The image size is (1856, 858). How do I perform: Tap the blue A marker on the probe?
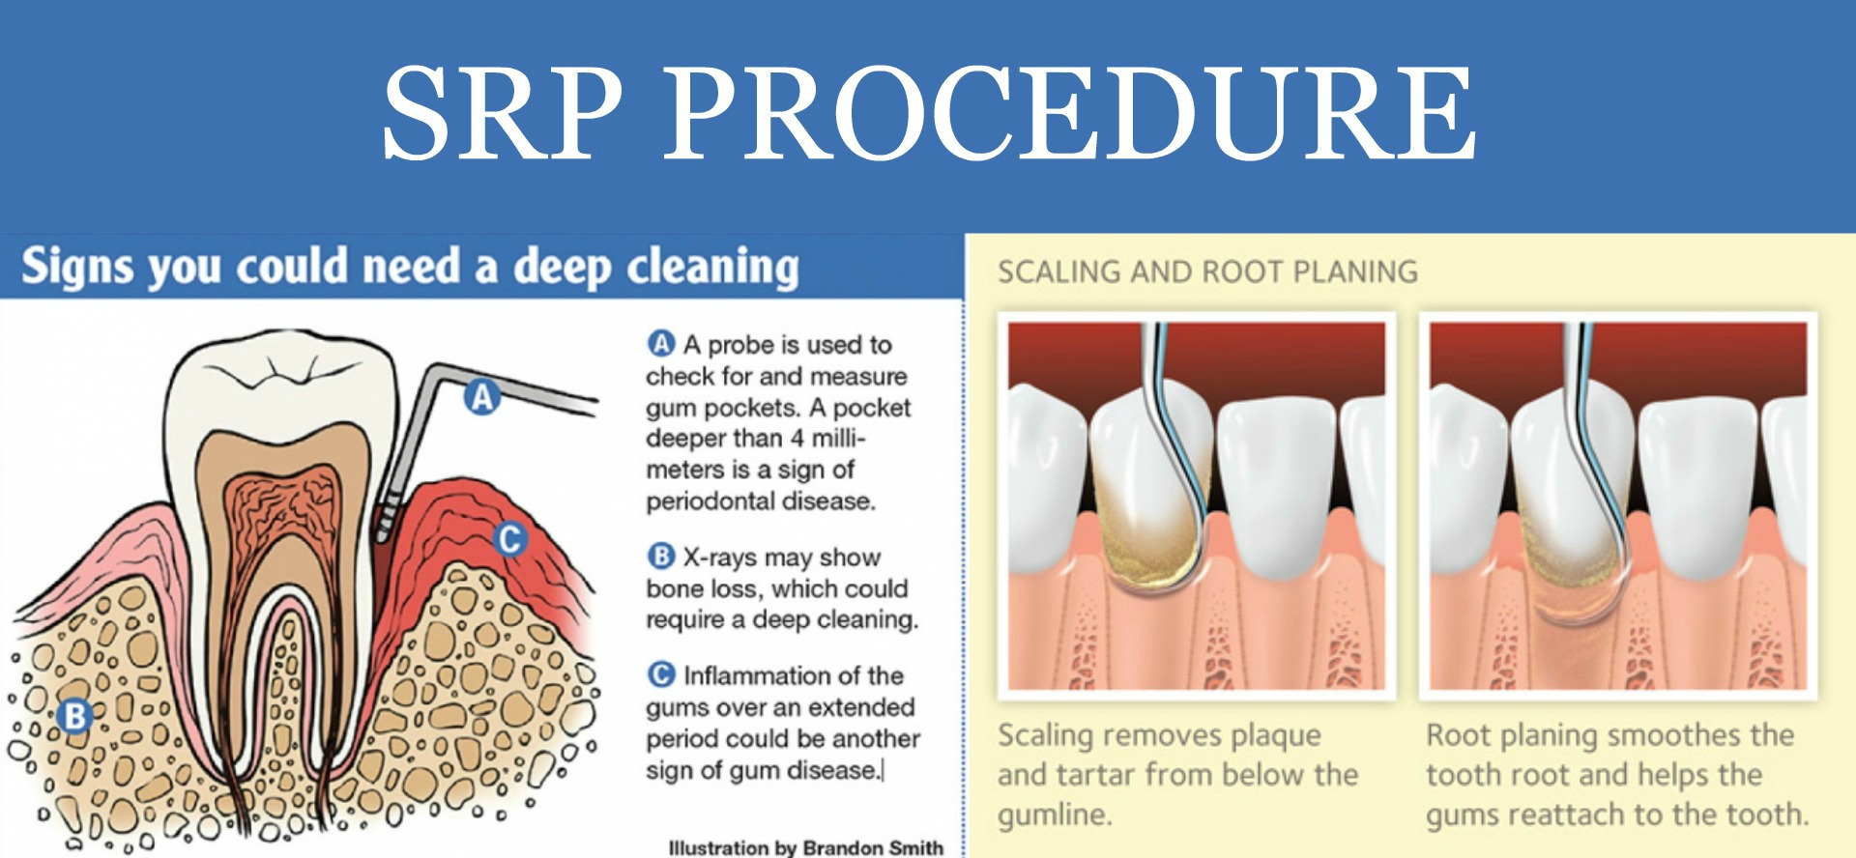(481, 396)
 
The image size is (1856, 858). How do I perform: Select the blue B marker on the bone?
(74, 716)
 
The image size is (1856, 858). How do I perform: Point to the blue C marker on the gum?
(509, 538)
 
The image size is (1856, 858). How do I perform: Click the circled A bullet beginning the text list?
(661, 344)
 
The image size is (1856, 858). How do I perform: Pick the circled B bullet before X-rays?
(661, 557)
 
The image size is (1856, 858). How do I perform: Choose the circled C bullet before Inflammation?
(661, 674)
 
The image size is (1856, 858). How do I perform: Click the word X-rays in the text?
(720, 558)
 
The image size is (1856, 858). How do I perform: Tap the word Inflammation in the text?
(794, 675)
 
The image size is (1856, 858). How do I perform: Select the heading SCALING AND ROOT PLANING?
(1207, 272)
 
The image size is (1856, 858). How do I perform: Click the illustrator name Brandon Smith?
(873, 847)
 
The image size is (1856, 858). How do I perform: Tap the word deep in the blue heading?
(562, 267)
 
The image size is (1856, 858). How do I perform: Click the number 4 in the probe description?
(797, 439)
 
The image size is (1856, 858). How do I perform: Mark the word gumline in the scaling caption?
(1055, 815)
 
